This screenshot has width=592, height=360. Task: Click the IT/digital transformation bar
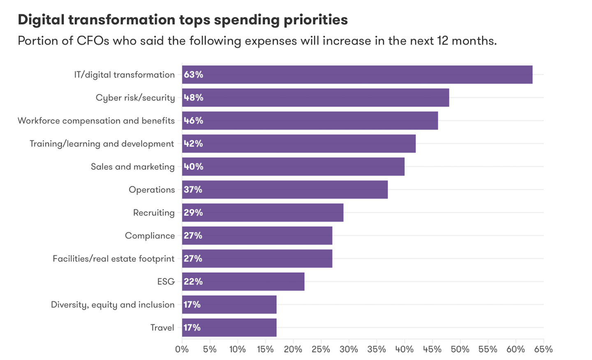tap(357, 74)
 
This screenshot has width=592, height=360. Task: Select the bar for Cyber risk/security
tap(315, 98)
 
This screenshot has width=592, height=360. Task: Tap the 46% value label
tap(193, 121)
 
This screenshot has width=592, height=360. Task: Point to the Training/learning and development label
tap(102, 144)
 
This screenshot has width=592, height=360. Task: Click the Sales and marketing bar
tap(293, 167)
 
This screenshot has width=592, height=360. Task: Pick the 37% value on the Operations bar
tap(193, 190)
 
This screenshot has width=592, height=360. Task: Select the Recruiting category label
tap(154, 213)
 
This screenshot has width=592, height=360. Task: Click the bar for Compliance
tap(257, 236)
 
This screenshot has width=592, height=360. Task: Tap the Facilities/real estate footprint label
tap(113, 259)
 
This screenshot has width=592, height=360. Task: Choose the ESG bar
tap(243, 282)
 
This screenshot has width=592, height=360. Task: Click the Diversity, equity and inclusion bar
tap(229, 305)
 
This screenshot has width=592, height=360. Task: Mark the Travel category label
tap(162, 328)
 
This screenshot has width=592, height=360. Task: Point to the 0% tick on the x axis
tap(182, 349)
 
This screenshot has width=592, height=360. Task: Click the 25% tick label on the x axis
tap(321, 349)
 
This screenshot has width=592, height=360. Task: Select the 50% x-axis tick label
tap(460, 349)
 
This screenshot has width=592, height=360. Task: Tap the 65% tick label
tap(543, 349)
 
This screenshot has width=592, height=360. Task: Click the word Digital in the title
tap(41, 20)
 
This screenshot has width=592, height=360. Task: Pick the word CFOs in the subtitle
tap(93, 41)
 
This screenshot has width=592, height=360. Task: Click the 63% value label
tap(193, 74)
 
